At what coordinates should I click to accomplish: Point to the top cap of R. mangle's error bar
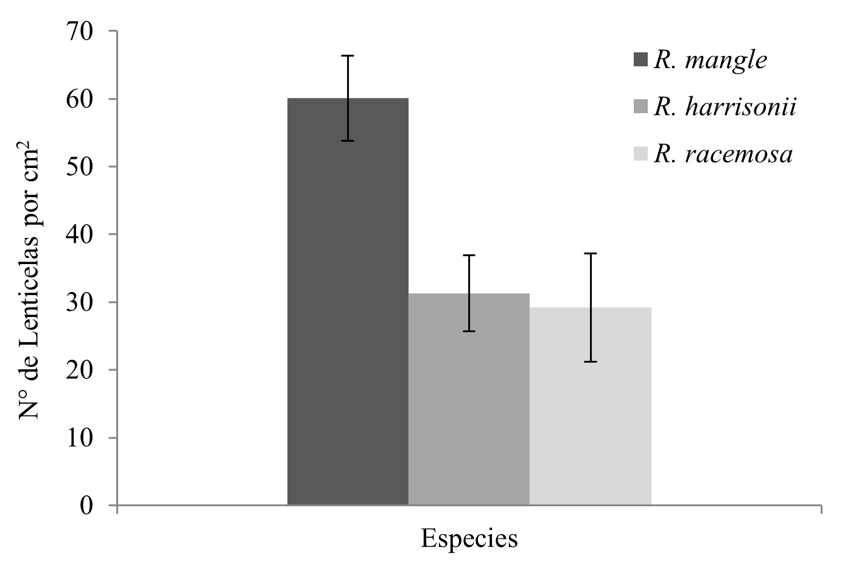pyautogui.click(x=348, y=56)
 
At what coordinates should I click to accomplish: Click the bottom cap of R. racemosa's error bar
pyautogui.click(x=591, y=361)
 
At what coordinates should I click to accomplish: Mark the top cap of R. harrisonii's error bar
pyautogui.click(x=469, y=256)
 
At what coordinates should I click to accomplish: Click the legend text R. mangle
pyautogui.click(x=710, y=60)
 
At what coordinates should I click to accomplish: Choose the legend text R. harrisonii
pyautogui.click(x=725, y=107)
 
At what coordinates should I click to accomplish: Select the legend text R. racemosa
pyautogui.click(x=723, y=154)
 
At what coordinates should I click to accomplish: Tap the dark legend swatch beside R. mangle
pyautogui.click(x=641, y=60)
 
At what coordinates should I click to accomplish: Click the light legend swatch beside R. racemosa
pyautogui.click(x=641, y=154)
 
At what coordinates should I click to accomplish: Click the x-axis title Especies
pyautogui.click(x=469, y=539)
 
